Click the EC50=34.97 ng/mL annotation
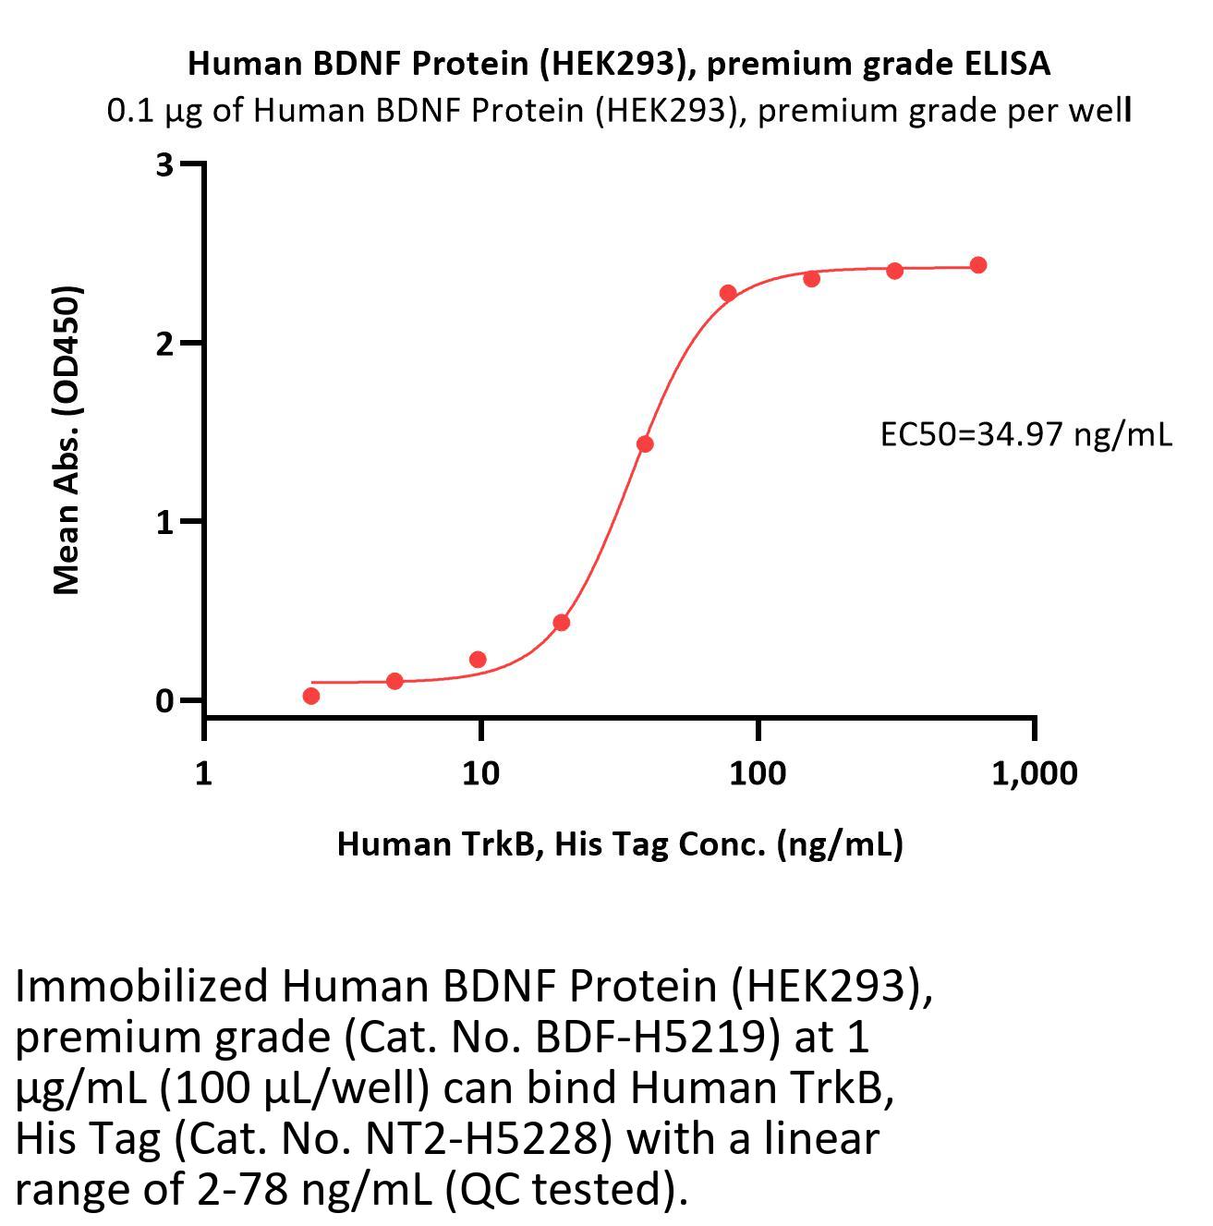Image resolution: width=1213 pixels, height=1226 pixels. click(1025, 434)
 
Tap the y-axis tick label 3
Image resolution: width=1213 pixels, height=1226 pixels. click(165, 165)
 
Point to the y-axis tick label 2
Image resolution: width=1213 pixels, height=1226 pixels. click(165, 344)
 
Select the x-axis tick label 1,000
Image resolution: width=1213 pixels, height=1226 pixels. click(1034, 772)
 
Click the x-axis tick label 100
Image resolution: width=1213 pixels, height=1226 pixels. click(758, 772)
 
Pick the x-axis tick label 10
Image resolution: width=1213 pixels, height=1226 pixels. click(480, 772)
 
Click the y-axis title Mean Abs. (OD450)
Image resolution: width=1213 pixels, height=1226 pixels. click(67, 439)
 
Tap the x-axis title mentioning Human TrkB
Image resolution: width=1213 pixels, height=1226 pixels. click(619, 844)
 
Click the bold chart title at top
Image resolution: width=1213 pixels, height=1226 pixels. click(619, 63)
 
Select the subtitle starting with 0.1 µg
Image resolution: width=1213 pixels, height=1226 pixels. click(619, 111)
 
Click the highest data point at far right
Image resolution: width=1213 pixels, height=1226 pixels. click(977, 265)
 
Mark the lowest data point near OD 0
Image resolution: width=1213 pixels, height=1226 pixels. click(311, 696)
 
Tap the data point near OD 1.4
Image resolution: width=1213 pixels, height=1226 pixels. click(645, 444)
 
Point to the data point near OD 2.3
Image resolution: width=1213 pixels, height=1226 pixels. click(728, 293)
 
